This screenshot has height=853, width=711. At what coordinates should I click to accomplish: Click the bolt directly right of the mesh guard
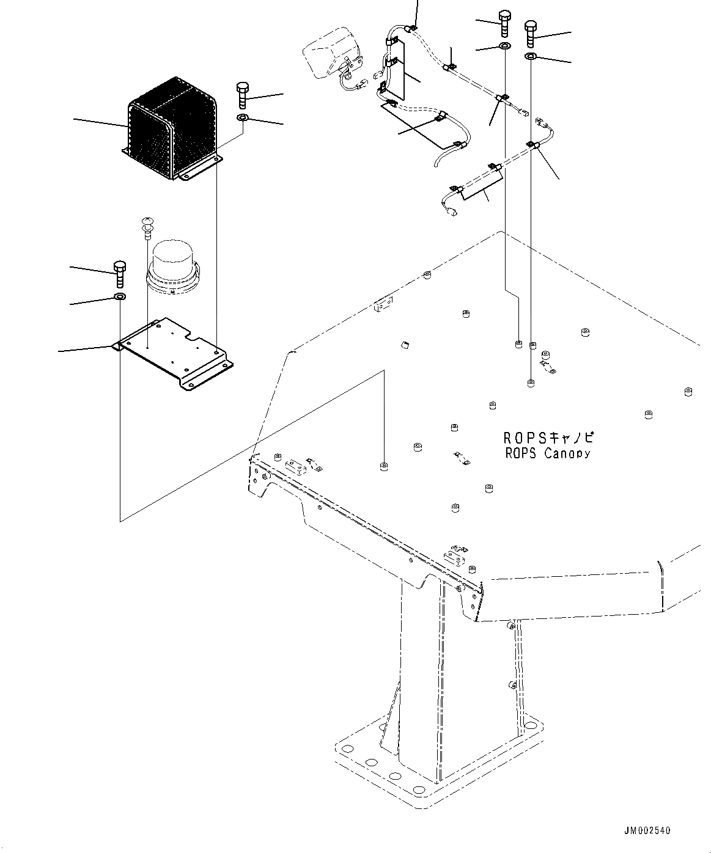pyautogui.click(x=241, y=94)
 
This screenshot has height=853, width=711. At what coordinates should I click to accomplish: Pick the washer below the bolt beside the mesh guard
pyautogui.click(x=242, y=117)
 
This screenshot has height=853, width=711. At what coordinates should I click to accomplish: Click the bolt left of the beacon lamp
pyautogui.click(x=120, y=273)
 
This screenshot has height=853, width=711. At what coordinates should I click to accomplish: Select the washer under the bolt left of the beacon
pyautogui.click(x=120, y=298)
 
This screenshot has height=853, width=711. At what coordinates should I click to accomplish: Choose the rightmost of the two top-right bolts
pyautogui.click(x=531, y=33)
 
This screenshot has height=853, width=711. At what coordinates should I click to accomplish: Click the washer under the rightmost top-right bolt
pyautogui.click(x=531, y=57)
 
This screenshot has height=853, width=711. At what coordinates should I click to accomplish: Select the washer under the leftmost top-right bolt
pyautogui.click(x=505, y=46)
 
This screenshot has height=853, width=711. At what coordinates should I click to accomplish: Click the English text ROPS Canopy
pyautogui.click(x=548, y=453)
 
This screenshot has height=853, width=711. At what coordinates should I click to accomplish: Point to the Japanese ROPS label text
pyautogui.click(x=548, y=437)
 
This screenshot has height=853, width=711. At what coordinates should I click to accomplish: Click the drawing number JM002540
pyautogui.click(x=647, y=830)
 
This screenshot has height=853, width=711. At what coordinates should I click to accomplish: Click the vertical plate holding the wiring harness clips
pyautogui.click(x=400, y=73)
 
